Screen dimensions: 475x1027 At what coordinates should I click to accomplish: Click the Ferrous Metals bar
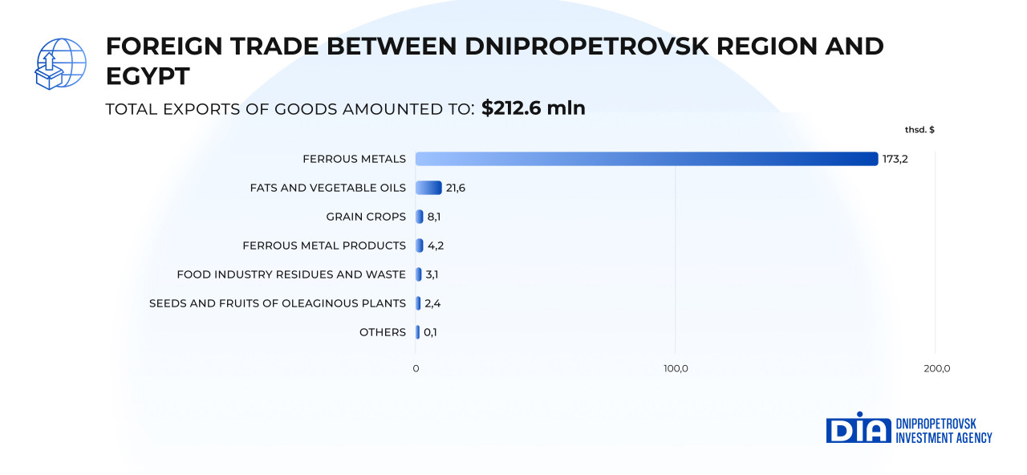(646, 159)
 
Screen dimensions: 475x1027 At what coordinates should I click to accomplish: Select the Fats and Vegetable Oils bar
(428, 188)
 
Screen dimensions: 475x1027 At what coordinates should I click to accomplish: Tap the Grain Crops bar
(419, 217)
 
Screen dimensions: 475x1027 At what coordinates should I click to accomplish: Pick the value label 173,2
(895, 159)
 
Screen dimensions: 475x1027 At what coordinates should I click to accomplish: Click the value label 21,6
(456, 188)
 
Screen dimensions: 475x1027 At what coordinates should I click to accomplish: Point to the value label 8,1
(434, 217)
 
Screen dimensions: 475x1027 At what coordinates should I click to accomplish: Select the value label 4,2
(435, 246)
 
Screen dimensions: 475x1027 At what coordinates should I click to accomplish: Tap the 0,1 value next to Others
(431, 332)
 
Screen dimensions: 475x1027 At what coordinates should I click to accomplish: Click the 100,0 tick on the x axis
(676, 368)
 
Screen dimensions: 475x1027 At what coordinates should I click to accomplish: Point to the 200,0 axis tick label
(936, 368)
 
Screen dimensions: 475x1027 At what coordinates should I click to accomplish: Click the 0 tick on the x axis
(416, 368)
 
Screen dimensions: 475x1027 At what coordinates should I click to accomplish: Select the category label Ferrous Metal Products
(324, 246)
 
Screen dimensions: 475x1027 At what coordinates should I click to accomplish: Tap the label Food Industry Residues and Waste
(291, 274)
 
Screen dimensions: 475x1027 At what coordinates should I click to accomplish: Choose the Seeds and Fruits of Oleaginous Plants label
(278, 303)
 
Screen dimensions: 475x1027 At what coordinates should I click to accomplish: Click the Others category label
(383, 332)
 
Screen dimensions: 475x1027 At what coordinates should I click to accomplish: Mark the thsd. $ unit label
(919, 129)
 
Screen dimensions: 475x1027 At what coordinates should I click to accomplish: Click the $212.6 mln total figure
(534, 108)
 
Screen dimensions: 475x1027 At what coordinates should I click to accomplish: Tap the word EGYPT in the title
(148, 76)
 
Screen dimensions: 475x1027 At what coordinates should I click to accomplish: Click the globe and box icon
(60, 63)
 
